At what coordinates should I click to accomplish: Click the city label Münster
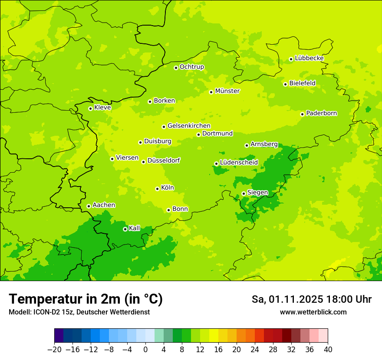coord(227,91)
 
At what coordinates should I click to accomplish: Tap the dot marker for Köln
coord(157,189)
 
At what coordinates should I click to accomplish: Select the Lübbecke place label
coord(309,58)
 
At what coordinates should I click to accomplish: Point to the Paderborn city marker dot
coord(303,114)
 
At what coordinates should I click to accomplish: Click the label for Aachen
coord(104,205)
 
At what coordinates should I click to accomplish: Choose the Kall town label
coord(135,228)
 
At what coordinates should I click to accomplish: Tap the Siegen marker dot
coord(244,193)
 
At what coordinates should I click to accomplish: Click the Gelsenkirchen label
coord(189,126)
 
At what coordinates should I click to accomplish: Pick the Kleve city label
coord(102,108)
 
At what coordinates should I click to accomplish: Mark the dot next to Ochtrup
coord(176,68)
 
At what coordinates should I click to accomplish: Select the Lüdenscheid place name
coord(239,163)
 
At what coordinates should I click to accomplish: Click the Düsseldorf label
coord(164,160)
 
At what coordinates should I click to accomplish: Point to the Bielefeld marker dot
coord(285,84)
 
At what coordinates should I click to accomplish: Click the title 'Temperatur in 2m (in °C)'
coord(86,299)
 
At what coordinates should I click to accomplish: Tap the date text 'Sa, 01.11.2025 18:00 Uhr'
coord(312,299)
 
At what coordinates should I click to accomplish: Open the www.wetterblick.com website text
coord(313,312)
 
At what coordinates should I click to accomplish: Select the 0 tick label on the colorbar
coord(145,350)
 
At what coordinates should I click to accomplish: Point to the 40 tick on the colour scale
coord(327,350)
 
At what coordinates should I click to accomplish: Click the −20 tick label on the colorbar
coord(54,350)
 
